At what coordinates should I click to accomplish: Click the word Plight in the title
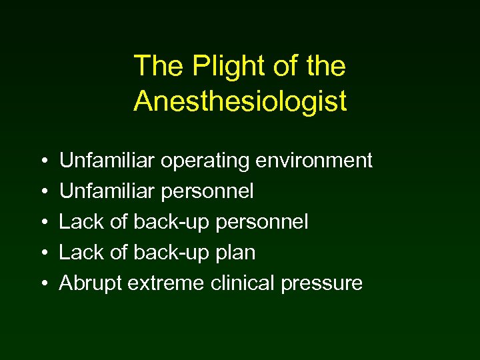tap(217, 67)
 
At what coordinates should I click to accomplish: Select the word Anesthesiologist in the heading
tap(240, 101)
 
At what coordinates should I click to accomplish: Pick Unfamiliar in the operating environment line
tap(107, 161)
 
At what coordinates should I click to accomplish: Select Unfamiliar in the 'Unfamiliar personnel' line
tap(107, 191)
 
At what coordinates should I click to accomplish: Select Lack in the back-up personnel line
tap(81, 222)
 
